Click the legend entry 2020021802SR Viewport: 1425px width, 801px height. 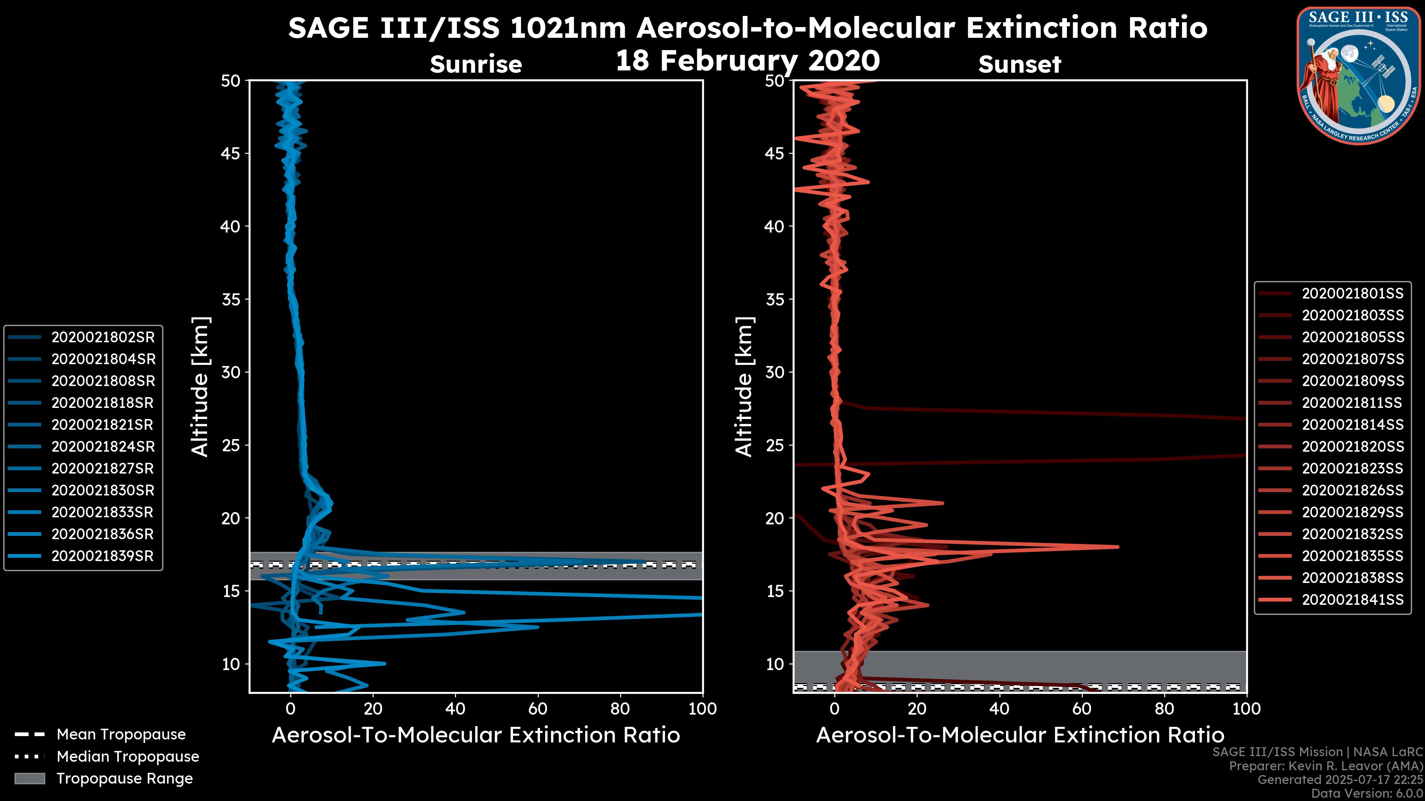coord(103,337)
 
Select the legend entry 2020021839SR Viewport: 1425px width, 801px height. coord(102,556)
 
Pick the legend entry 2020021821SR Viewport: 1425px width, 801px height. coord(102,425)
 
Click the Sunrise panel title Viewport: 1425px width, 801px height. coord(476,65)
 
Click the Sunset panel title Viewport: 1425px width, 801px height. coord(1019,65)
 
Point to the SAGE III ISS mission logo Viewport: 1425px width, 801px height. coord(1358,76)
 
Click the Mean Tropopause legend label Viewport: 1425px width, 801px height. coord(121,735)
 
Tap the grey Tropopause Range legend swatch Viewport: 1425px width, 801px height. coord(30,779)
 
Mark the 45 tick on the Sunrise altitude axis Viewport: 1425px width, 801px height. coord(231,154)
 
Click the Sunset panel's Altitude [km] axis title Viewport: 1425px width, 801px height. coord(744,387)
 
